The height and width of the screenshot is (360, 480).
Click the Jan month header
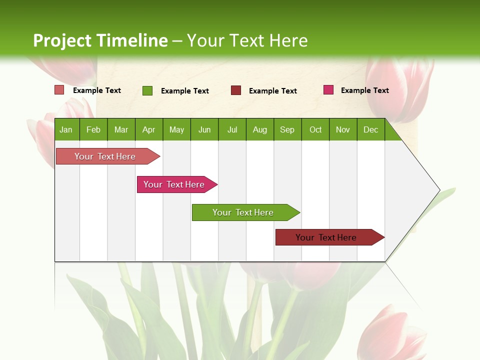pos(66,129)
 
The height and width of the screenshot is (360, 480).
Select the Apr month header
pos(148,129)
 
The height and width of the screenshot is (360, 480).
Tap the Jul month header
pos(232,129)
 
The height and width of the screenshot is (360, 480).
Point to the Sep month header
pos(287,129)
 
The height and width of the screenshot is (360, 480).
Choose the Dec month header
pos(370,129)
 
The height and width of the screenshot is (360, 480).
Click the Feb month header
pos(93,129)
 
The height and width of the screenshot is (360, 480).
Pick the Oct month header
pos(315,129)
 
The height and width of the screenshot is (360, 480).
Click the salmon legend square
pos(59,90)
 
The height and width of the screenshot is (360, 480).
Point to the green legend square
pos(147,90)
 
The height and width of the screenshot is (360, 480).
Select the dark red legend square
pos(236,90)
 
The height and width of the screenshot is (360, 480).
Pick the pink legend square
pos(328,90)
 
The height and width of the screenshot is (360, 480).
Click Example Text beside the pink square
pos(364,90)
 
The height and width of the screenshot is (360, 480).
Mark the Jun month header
pos(204,129)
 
